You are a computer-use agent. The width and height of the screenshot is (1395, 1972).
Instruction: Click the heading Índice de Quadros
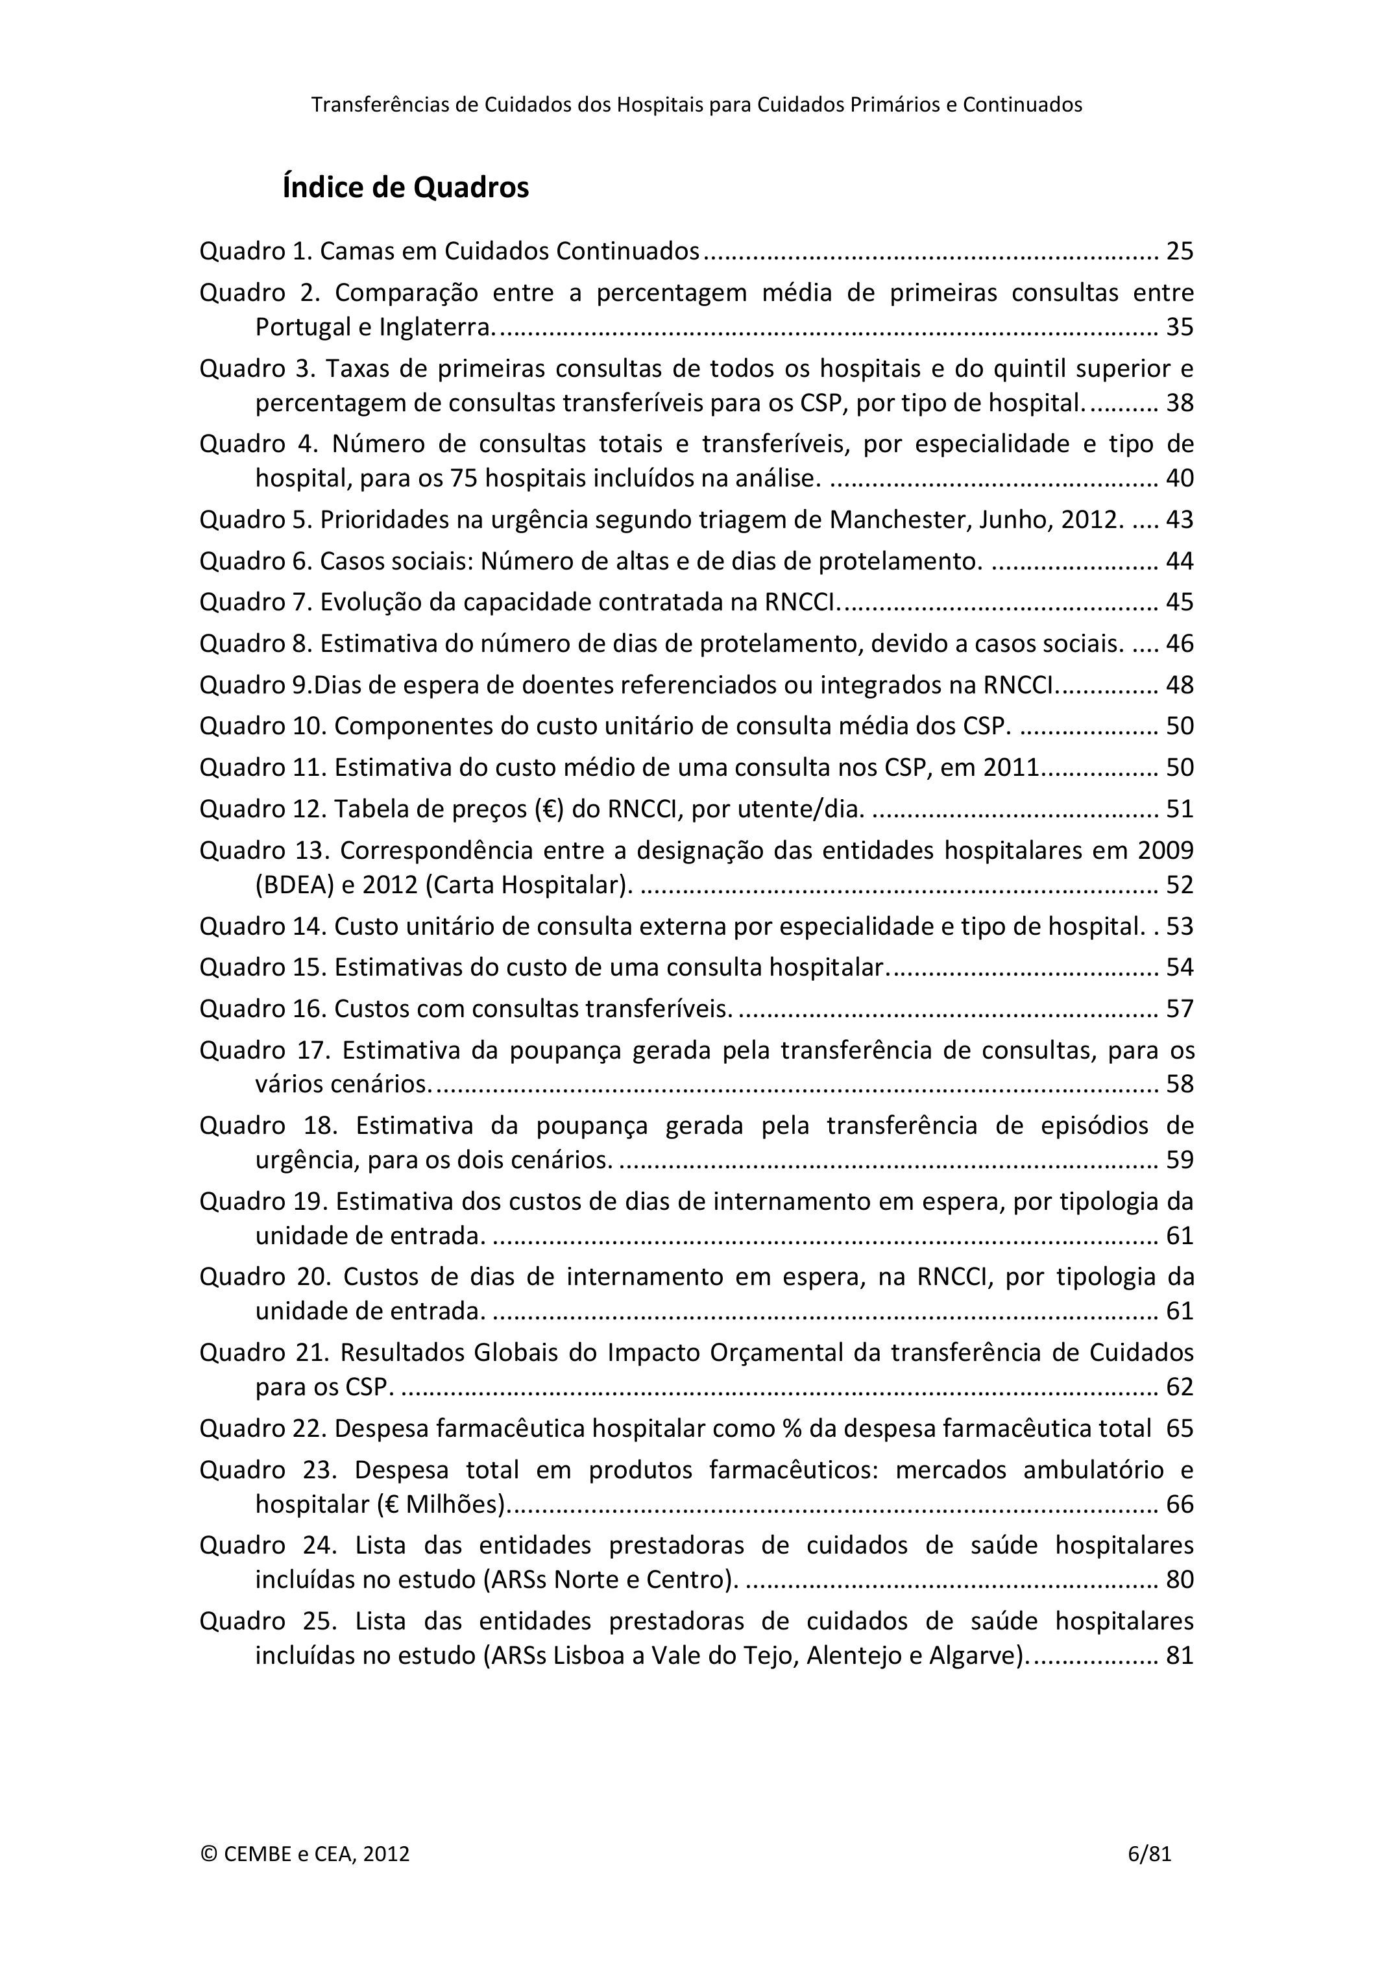(x=406, y=187)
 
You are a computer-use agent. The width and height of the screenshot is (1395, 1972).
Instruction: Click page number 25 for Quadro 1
(x=1180, y=252)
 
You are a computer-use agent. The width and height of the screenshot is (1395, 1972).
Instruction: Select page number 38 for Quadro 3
(x=1180, y=403)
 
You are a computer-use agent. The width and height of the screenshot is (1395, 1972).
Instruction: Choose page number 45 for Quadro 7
(x=1180, y=602)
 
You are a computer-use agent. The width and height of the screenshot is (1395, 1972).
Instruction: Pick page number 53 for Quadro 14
(x=1180, y=926)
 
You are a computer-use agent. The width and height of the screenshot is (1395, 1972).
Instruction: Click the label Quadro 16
(x=262, y=1008)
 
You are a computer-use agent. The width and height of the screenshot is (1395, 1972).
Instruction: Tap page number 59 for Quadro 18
(x=1180, y=1159)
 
